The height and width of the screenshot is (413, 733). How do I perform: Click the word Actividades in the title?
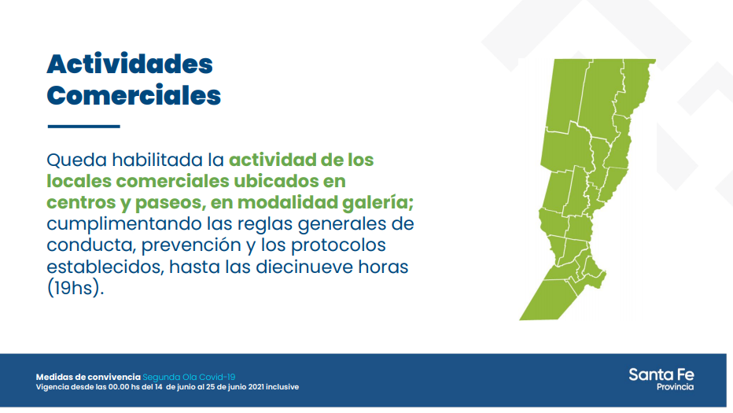pos(130,64)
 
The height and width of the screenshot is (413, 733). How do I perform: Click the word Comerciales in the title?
pos(134,95)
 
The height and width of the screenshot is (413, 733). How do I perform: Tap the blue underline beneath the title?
pos(83,127)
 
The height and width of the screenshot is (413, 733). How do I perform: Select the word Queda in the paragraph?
pos(76,160)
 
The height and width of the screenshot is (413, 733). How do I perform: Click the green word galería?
pos(378,203)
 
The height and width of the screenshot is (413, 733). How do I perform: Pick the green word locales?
pos(79,181)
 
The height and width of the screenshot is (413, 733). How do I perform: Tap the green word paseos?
pos(170,203)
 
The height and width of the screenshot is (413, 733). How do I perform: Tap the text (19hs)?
pos(76,289)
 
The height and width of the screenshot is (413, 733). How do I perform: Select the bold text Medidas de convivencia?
pos(88,377)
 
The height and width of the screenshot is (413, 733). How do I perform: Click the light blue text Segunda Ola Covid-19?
pos(189,377)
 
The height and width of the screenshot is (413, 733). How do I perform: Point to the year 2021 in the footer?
pos(256,387)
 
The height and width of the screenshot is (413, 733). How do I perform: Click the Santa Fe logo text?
pos(661,374)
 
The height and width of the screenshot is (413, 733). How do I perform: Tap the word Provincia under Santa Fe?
pos(675,387)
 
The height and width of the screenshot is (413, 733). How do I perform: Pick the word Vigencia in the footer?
pos(53,387)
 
